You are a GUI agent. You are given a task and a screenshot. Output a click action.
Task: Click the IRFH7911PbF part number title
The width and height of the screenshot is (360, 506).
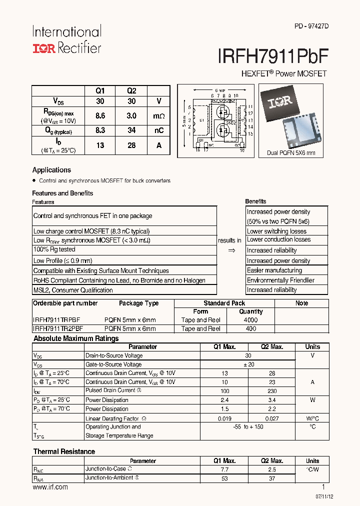click(272, 54)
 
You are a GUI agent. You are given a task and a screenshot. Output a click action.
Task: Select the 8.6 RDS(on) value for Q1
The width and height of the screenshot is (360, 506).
click(100, 115)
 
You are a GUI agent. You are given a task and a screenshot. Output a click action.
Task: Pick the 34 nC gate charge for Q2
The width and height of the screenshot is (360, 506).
click(131, 130)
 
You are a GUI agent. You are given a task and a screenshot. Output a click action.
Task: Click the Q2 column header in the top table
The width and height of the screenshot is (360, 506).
click(131, 91)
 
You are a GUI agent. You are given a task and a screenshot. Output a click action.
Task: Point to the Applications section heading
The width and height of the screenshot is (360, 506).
click(51, 170)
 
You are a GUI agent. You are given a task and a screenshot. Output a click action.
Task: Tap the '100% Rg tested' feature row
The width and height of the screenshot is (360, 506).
click(54, 249)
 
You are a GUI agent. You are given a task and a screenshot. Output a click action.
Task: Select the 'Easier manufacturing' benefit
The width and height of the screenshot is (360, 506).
click(274, 270)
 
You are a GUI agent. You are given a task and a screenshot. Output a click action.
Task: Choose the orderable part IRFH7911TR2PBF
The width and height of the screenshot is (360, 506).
click(58, 328)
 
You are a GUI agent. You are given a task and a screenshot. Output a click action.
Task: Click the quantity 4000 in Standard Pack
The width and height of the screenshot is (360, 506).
click(250, 320)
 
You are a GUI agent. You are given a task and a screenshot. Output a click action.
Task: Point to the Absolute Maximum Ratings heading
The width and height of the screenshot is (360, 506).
click(76, 338)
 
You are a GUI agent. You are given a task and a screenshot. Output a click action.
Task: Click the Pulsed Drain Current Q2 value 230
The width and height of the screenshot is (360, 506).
click(272, 391)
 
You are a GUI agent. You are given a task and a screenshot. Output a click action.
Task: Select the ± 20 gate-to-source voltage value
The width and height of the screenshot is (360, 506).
click(248, 364)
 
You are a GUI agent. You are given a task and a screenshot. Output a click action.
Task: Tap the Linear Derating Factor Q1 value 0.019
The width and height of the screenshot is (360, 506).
click(224, 418)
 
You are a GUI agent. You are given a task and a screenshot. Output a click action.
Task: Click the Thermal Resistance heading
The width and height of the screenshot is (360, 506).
click(64, 451)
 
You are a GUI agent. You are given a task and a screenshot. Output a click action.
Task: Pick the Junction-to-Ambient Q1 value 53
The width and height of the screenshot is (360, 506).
click(224, 478)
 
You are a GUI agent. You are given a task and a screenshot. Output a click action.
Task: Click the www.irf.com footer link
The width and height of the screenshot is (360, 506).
click(50, 487)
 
